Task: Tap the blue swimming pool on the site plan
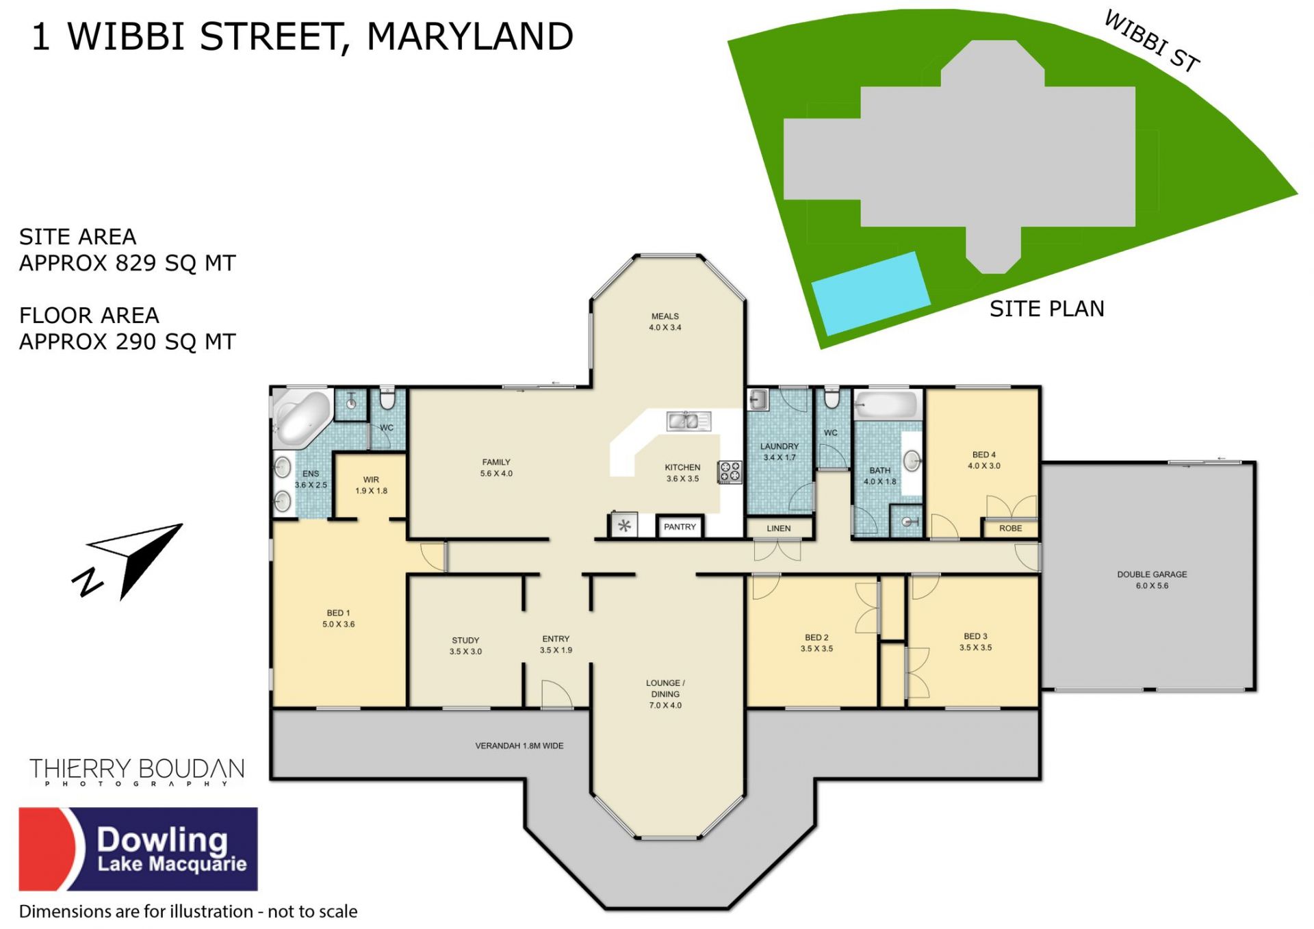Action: pyautogui.click(x=871, y=293)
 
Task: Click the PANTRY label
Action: pyautogui.click(x=680, y=526)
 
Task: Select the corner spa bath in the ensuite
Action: pyautogui.click(x=302, y=416)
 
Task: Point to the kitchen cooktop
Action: pyautogui.click(x=730, y=472)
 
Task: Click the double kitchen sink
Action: pyautogui.click(x=688, y=420)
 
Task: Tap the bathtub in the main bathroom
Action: pyautogui.click(x=886, y=405)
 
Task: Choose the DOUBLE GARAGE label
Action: pyautogui.click(x=1152, y=574)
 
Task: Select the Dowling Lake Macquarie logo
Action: pyautogui.click(x=138, y=849)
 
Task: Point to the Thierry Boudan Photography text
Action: pyautogui.click(x=137, y=772)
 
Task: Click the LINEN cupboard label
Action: pyautogui.click(x=779, y=528)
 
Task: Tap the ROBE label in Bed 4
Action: pyautogui.click(x=1010, y=528)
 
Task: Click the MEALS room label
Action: pyautogui.click(x=665, y=316)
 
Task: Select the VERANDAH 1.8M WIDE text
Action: pyautogui.click(x=519, y=746)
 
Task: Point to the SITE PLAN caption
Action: pyautogui.click(x=1047, y=309)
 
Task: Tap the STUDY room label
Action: pyautogui.click(x=465, y=640)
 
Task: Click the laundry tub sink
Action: pyautogui.click(x=758, y=399)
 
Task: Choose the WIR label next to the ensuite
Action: pyautogui.click(x=371, y=479)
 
